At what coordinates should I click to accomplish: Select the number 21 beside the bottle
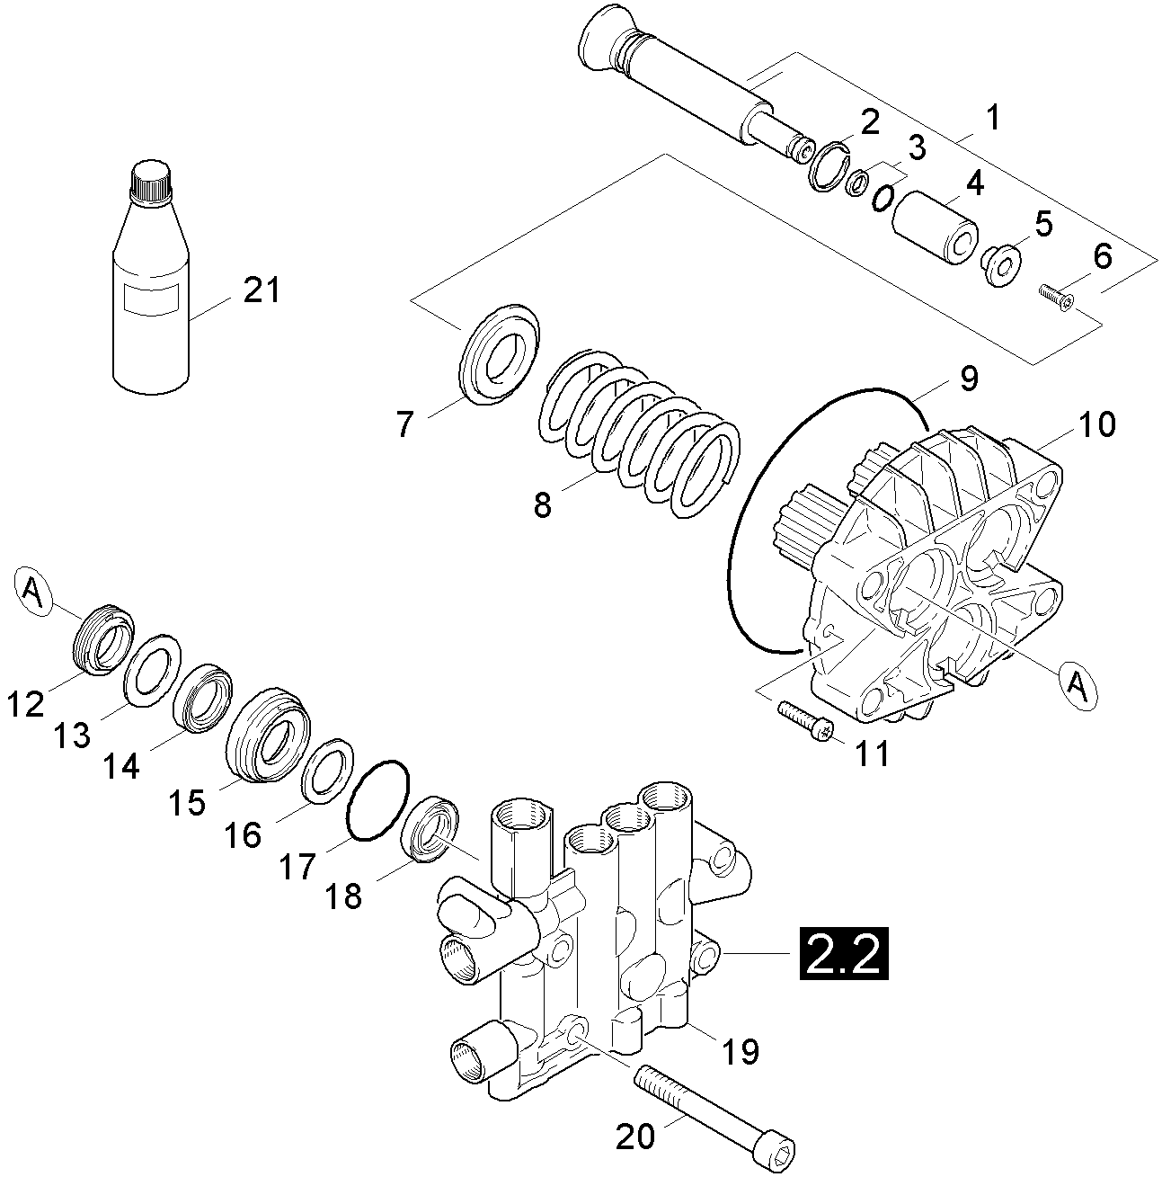click(x=260, y=291)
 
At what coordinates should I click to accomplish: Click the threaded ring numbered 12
click(x=102, y=638)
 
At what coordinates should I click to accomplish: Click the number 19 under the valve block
click(x=741, y=1050)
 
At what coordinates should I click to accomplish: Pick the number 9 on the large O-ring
click(x=966, y=379)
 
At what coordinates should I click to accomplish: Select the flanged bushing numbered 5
click(x=1000, y=263)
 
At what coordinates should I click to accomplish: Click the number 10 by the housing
click(x=1095, y=424)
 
